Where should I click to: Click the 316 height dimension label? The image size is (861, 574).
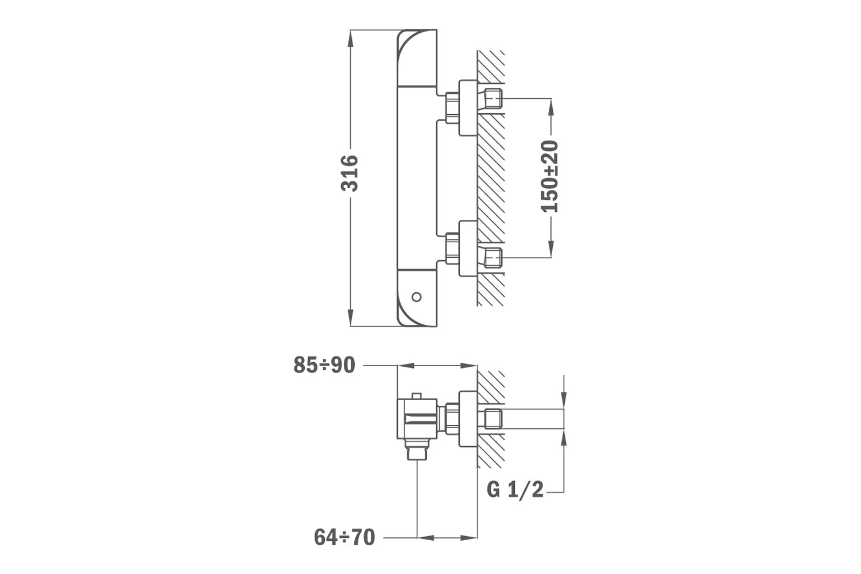pyautogui.click(x=350, y=173)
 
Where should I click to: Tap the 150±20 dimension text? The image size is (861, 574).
pyautogui.click(x=549, y=176)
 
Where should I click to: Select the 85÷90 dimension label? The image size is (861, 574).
pyautogui.click(x=324, y=365)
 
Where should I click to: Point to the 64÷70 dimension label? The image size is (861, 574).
pyautogui.click(x=344, y=537)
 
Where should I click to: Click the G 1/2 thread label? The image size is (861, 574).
pyautogui.click(x=515, y=490)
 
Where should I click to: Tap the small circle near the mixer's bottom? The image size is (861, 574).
pyautogui.click(x=416, y=297)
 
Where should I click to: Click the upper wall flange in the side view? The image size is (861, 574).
pyautogui.click(x=468, y=108)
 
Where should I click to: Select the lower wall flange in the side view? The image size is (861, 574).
pyautogui.click(x=468, y=249)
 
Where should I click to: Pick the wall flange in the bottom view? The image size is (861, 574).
pyautogui.click(x=468, y=420)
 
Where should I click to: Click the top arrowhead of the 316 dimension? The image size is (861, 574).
pyautogui.click(x=350, y=38)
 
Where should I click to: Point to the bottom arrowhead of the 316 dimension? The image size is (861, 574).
pyautogui.click(x=350, y=317)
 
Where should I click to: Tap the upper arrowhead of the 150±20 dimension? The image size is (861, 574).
pyautogui.click(x=551, y=107)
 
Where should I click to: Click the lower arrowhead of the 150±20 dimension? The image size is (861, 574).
pyautogui.click(x=551, y=249)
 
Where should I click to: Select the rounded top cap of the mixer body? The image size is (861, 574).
pyautogui.click(x=417, y=57)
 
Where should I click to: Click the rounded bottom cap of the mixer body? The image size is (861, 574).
pyautogui.click(x=417, y=298)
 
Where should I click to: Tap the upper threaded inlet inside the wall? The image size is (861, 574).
pyautogui.click(x=492, y=99)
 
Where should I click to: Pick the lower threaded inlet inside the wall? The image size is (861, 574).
pyautogui.click(x=492, y=258)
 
